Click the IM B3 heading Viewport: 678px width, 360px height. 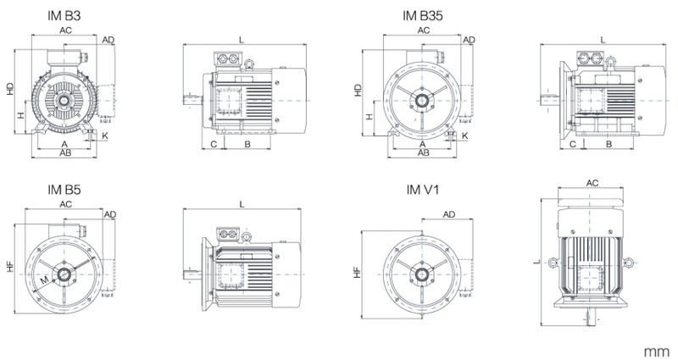(x=64, y=15)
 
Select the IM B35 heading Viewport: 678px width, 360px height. (x=422, y=15)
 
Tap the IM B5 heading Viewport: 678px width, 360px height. (x=64, y=189)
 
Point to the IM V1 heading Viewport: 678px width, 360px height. (x=422, y=189)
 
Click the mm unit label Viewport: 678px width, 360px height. (x=656, y=352)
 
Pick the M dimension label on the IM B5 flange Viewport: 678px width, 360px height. (x=45, y=280)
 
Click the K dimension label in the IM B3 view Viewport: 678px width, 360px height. (x=104, y=136)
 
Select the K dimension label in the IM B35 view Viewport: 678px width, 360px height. (x=464, y=136)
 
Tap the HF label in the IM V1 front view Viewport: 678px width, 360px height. (x=357, y=272)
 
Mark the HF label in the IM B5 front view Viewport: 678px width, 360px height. (x=10, y=267)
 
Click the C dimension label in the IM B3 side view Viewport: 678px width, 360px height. (x=214, y=144)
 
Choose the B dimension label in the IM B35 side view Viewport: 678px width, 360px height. (x=609, y=144)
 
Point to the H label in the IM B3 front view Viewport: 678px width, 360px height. (x=20, y=115)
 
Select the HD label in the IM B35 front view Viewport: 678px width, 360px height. (x=358, y=90)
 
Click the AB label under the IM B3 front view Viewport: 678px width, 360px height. (x=65, y=153)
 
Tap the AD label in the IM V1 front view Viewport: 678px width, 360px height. (x=449, y=214)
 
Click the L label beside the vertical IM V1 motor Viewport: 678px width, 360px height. (x=536, y=262)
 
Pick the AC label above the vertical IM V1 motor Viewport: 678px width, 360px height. (x=592, y=183)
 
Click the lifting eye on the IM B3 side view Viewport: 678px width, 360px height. (x=249, y=64)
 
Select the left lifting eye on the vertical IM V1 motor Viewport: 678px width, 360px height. (x=553, y=262)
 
